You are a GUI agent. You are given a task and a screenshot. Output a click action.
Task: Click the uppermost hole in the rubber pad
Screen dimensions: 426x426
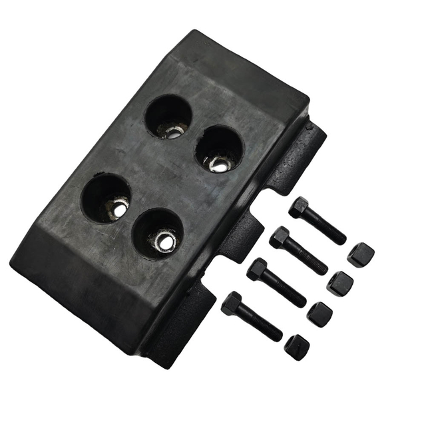[x=168, y=116]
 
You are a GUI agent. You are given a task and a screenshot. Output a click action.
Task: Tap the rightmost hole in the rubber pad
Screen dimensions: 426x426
[x=219, y=148]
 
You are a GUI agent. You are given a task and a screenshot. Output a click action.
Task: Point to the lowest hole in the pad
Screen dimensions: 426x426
[x=157, y=232]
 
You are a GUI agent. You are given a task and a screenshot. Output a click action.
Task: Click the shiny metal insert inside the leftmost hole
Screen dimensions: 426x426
[x=118, y=208]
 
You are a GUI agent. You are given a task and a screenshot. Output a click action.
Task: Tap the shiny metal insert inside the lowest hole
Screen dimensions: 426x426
[x=164, y=241]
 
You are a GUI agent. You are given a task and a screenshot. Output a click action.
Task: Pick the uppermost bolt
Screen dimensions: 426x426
[x=317, y=220]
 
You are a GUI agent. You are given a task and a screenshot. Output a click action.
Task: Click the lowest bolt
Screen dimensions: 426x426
[x=252, y=316]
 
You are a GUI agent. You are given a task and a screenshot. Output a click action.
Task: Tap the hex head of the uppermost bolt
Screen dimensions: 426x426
[x=299, y=208]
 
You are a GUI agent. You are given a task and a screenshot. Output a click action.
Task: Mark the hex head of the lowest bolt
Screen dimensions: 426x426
[x=232, y=304]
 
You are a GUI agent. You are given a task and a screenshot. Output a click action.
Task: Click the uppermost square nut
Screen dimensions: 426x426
[x=360, y=255]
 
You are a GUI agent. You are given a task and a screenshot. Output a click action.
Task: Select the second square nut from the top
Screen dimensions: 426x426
[x=340, y=284]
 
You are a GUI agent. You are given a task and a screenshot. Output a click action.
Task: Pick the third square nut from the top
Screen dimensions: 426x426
[x=319, y=314]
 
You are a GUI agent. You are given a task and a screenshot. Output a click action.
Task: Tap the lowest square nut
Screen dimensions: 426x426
[x=297, y=347]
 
